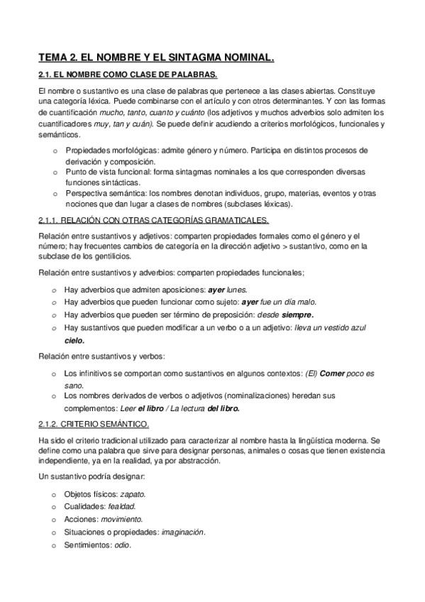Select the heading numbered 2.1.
click(128, 75)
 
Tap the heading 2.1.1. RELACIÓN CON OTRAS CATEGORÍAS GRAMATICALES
click(153, 221)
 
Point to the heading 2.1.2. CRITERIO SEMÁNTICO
click(94, 425)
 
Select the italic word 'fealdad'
click(121, 506)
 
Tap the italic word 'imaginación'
click(183, 533)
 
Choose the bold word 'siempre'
click(297, 314)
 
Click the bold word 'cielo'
click(74, 341)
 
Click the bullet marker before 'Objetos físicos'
click(55, 493)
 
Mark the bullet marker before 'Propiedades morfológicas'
click(55, 151)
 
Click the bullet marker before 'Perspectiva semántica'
click(55, 194)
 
